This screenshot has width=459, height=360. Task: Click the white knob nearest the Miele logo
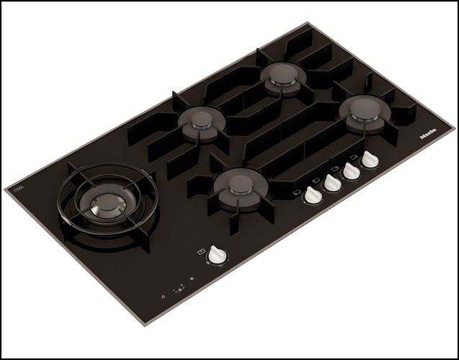[x=369, y=160]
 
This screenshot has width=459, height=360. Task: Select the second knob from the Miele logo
[x=351, y=171]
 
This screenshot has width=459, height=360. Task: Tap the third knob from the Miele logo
[x=331, y=183]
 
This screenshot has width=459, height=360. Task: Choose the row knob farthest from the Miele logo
[x=313, y=195]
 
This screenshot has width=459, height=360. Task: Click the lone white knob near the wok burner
[x=215, y=254]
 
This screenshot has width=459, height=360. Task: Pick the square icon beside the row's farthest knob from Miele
[x=297, y=192]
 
